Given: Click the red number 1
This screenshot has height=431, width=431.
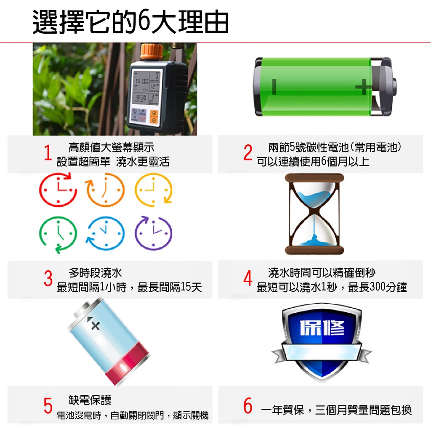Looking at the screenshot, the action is coord(48,152).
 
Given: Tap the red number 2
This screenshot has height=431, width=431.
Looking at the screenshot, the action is coord(247,152).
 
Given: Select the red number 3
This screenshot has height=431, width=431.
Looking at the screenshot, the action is coord(48,278).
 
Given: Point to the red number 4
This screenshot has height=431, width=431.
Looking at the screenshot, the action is coord(247,278).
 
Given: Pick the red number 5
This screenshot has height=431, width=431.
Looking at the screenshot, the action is coord(48,405).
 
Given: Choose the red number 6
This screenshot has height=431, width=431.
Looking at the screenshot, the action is coord(248,405).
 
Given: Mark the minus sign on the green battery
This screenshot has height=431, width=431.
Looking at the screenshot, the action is coord(274,87).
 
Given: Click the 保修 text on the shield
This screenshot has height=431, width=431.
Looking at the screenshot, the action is coord(322,327).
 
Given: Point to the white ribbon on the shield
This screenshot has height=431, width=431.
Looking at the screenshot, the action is coord(322,352).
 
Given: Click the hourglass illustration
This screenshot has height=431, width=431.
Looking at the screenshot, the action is coord(314,214).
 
